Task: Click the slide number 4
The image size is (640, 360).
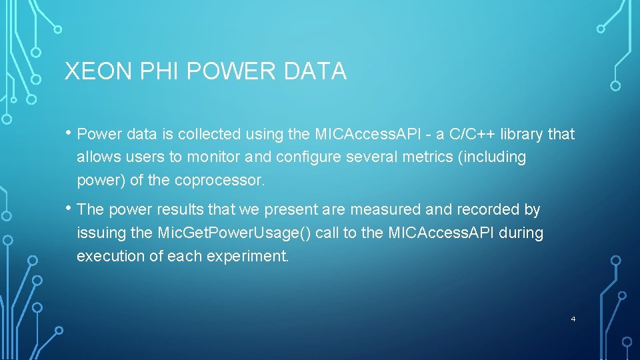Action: tap(573, 319)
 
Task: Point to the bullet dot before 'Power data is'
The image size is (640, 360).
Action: tap(69, 133)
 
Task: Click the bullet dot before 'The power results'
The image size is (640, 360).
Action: tap(69, 208)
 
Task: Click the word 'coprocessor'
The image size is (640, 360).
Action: tap(219, 181)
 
